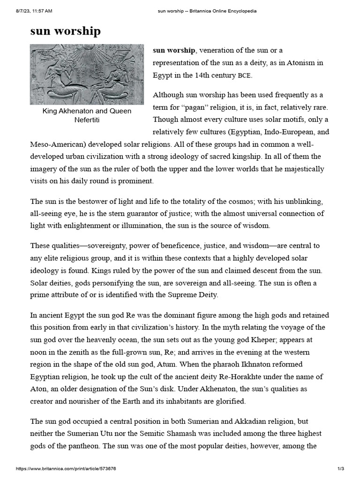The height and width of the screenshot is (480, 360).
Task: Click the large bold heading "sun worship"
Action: pyautogui.click(x=65, y=31)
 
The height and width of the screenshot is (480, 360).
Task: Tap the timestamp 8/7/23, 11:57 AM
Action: pyautogui.click(x=29, y=10)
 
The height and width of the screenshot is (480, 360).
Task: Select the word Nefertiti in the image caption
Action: pyautogui.click(x=87, y=120)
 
